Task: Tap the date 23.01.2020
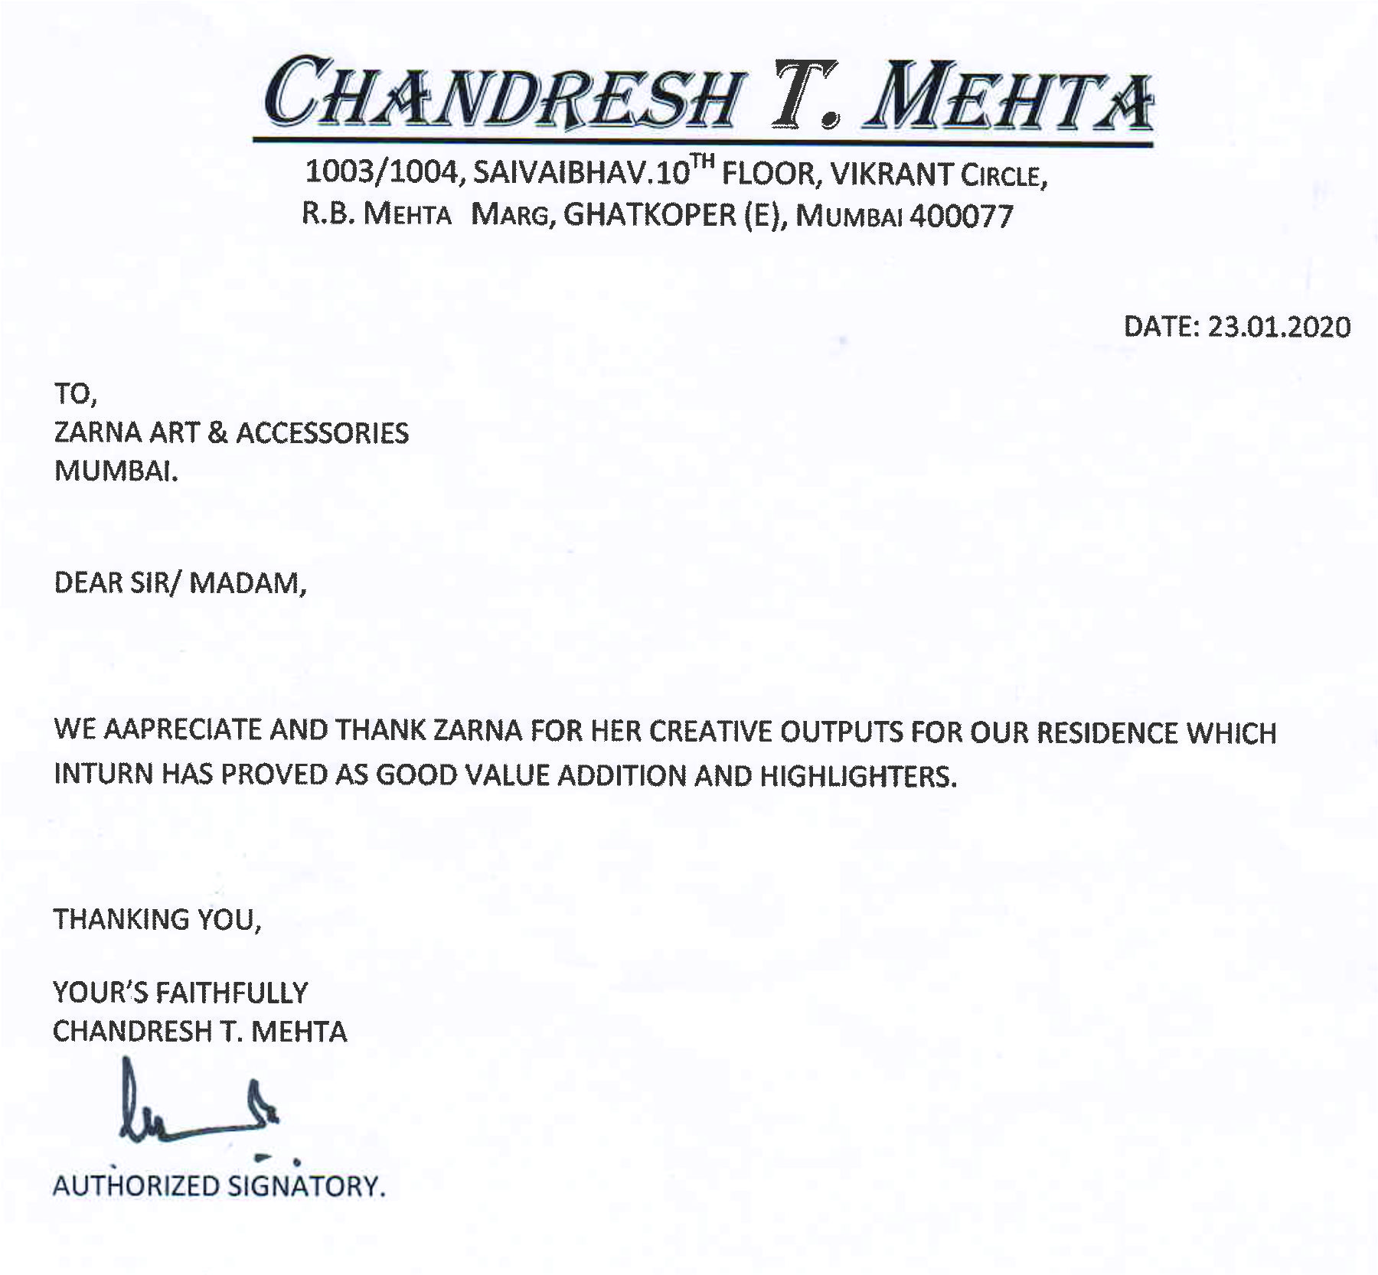(1278, 327)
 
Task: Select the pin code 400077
(961, 217)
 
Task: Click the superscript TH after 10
(703, 161)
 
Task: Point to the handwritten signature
(199, 1106)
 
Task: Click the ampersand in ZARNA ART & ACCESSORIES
(217, 433)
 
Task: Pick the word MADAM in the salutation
(247, 583)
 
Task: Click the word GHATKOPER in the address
(649, 215)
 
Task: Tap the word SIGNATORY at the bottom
(306, 1186)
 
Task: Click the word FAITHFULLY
(231, 993)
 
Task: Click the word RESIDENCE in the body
(1107, 732)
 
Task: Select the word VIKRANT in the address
(891, 174)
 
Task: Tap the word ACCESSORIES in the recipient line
(322, 433)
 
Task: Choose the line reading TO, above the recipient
(75, 394)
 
